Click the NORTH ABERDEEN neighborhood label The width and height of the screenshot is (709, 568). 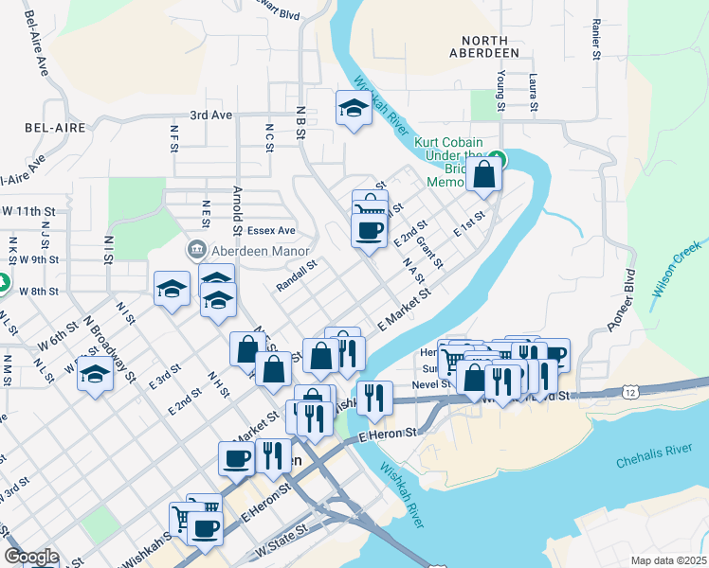(490, 46)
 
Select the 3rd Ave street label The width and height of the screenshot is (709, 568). (210, 115)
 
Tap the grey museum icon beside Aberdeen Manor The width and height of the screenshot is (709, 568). (196, 249)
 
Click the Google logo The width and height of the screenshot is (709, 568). (31, 557)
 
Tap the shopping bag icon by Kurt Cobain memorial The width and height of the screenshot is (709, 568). (483, 174)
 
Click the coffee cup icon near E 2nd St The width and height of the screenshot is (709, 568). (369, 229)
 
